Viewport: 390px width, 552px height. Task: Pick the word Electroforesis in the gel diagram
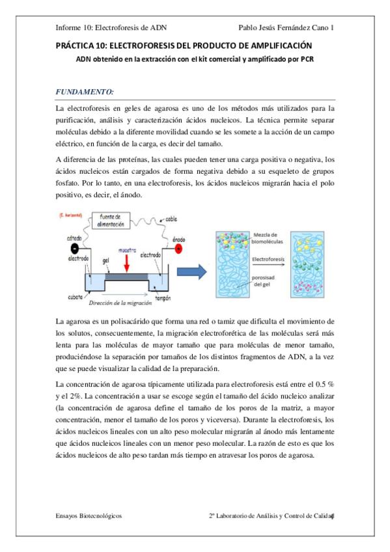pos(268,258)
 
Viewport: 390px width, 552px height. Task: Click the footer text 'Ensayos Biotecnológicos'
pos(89,514)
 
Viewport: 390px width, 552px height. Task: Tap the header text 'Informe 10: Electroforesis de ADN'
pos(113,28)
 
